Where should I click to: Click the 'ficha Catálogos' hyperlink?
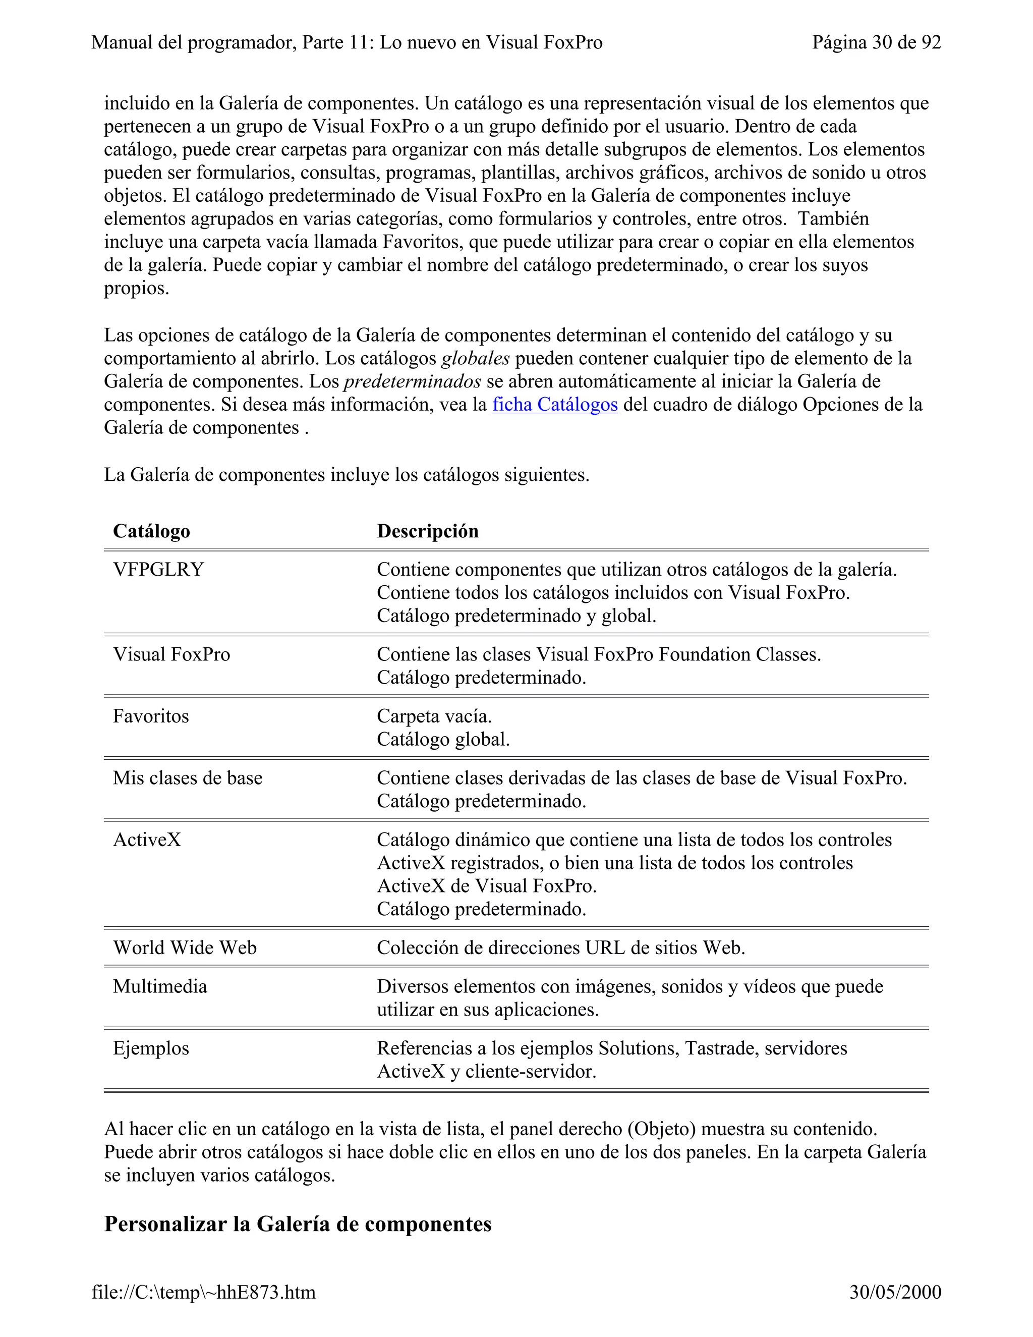tap(554, 405)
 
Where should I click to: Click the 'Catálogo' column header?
tap(151, 531)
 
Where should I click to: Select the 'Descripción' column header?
tap(427, 531)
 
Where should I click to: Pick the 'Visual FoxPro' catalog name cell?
tap(171, 654)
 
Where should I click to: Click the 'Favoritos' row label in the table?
tap(150, 716)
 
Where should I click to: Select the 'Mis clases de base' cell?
tap(187, 778)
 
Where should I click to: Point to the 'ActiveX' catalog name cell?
tap(147, 840)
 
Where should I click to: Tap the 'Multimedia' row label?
tap(160, 987)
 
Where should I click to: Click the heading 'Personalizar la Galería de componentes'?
tap(298, 1224)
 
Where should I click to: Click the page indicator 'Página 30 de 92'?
tap(876, 42)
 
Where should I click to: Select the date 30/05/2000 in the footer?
tap(895, 1292)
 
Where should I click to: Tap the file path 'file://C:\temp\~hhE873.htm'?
tap(203, 1292)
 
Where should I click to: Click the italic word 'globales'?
tap(475, 358)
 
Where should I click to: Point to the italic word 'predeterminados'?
tap(412, 381)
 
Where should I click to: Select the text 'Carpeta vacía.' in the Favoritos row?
tap(434, 716)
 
